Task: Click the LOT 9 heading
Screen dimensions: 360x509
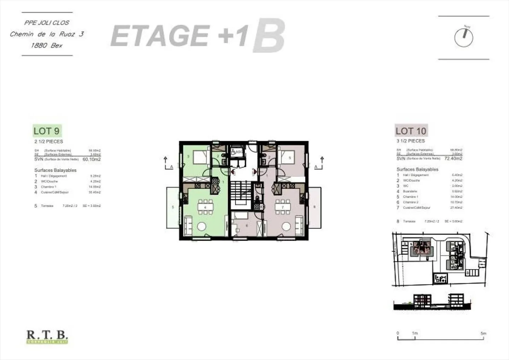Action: [47, 131]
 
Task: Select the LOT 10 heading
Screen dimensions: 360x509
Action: [411, 131]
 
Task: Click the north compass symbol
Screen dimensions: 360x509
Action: [463, 37]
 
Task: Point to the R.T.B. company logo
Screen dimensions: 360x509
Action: [47, 336]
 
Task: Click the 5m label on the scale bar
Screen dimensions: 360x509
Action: [483, 333]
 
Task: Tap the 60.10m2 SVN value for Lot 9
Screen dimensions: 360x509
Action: [92, 159]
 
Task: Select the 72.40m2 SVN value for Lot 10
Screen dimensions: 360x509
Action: [453, 159]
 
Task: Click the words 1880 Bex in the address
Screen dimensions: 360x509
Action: [47, 45]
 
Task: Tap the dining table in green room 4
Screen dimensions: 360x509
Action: [205, 207]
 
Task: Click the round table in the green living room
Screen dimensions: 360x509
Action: [201, 226]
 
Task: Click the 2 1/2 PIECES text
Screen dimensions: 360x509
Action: [49, 141]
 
